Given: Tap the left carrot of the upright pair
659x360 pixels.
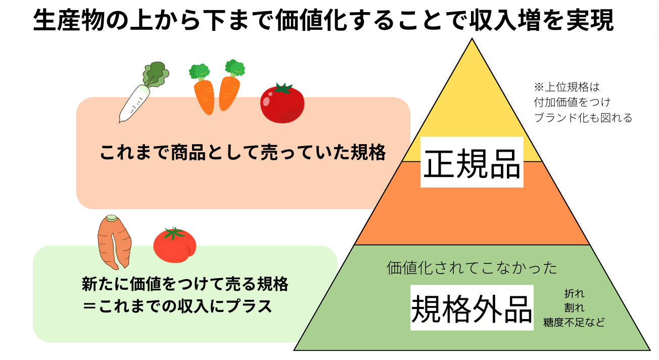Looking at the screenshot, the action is pos(203,91).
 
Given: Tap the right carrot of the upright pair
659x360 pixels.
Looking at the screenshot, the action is pos(230,87).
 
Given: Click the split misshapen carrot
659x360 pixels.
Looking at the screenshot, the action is pos(114,242).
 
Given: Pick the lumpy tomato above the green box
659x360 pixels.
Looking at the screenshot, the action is pos(175,245).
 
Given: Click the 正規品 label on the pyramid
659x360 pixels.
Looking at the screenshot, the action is pos(472,163).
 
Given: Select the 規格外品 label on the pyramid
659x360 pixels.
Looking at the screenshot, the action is pos(472,308).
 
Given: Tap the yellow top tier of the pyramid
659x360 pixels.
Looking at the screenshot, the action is pos(472,112).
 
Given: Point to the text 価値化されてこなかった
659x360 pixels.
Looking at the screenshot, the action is pos(472,268).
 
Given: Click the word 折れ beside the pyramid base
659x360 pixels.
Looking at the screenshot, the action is pos(574,293).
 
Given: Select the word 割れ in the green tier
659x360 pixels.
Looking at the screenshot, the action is pos(574,308).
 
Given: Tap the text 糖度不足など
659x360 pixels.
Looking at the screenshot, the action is pos(574,322).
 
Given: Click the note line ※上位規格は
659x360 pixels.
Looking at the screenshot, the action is pos(567,87).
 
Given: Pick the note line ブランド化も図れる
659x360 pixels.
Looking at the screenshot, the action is pos(583,118).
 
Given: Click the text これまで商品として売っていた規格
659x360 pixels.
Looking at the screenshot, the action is pos(243,153).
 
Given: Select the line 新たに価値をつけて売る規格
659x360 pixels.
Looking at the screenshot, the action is pos(185,284).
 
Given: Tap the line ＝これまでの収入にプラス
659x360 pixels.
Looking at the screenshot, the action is pos(177,306).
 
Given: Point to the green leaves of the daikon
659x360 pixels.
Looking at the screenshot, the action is pos(156,74).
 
